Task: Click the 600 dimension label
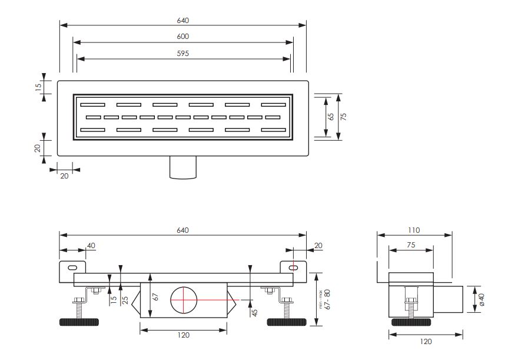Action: pyautogui.click(x=182, y=37)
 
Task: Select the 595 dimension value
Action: pyautogui.click(x=182, y=53)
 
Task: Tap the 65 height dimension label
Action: pyautogui.click(x=331, y=117)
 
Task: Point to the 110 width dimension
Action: pyautogui.click(x=414, y=230)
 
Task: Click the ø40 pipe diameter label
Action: pyautogui.click(x=482, y=299)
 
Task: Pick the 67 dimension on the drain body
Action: pyautogui.click(x=155, y=297)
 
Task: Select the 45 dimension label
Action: pyautogui.click(x=255, y=312)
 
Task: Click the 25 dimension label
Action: pyautogui.click(x=125, y=300)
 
